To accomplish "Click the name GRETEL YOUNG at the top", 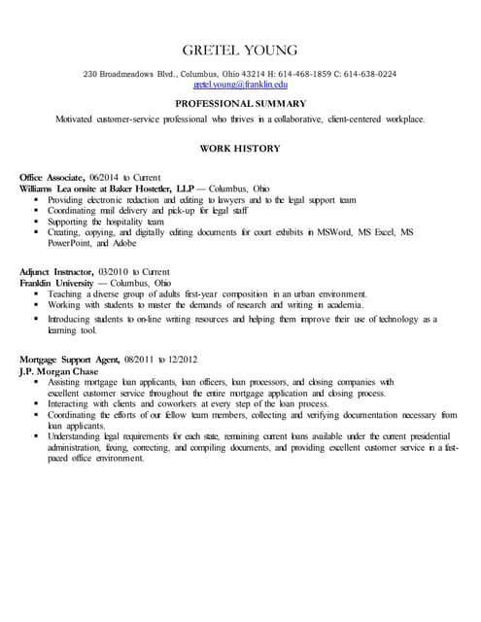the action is tap(240, 50).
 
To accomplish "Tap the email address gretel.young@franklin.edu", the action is tap(240, 86).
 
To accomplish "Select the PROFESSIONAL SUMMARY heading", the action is tap(240, 103).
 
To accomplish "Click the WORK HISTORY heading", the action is tap(240, 149).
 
